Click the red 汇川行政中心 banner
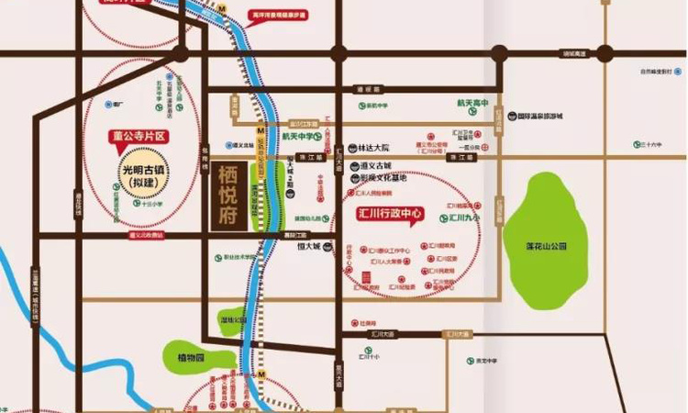(x=389, y=214)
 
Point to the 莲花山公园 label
(x=548, y=245)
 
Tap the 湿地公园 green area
(x=207, y=320)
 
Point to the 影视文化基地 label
(x=383, y=177)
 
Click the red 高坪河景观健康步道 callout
(x=278, y=16)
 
